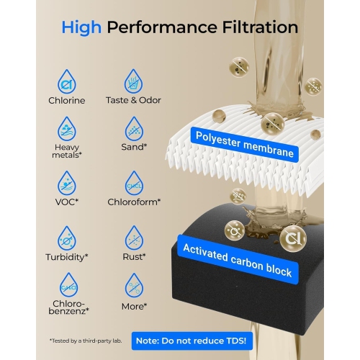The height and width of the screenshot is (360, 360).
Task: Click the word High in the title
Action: click(x=81, y=28)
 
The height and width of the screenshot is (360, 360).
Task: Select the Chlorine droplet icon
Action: click(x=69, y=81)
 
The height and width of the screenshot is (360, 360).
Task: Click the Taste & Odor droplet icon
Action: click(x=133, y=81)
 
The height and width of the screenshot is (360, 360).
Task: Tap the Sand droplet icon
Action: click(x=133, y=130)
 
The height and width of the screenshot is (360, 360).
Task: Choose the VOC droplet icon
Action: click(x=69, y=182)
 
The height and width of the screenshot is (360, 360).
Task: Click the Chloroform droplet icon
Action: click(x=133, y=182)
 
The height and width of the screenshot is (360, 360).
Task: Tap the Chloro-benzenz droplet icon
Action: click(x=69, y=285)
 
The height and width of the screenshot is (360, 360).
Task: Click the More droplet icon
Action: click(x=133, y=285)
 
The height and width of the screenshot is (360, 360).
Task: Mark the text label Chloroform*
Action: click(x=134, y=202)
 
